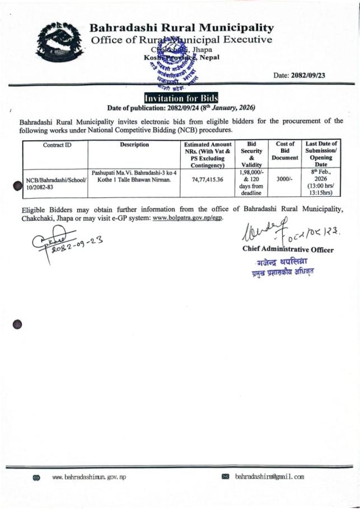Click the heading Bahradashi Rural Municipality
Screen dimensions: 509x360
click(182, 27)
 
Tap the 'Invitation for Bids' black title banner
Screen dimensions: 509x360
click(181, 98)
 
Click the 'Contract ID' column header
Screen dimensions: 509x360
click(57, 145)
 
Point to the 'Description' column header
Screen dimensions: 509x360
click(134, 145)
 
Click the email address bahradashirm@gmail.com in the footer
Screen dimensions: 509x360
click(269, 477)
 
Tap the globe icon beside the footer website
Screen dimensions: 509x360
click(37, 478)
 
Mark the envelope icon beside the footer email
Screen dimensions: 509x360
click(226, 477)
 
